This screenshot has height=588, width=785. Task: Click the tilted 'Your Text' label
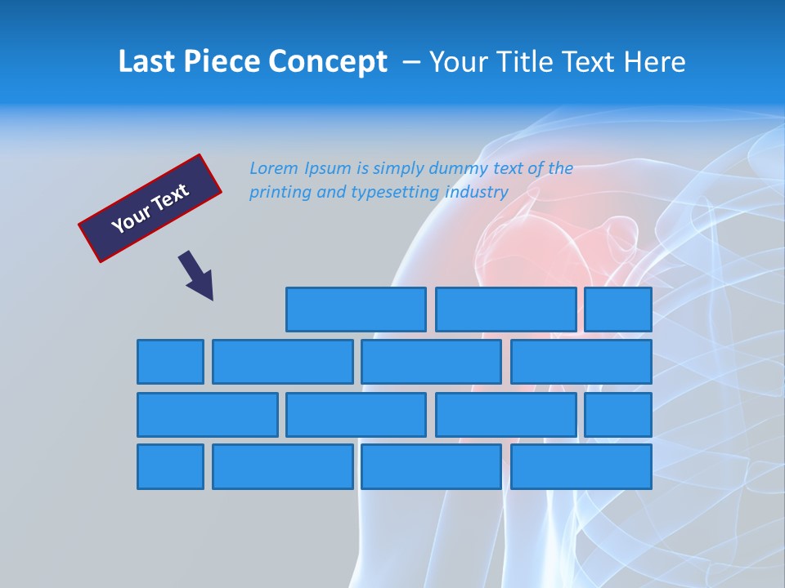click(x=150, y=208)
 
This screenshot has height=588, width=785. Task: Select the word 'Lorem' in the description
click(x=274, y=169)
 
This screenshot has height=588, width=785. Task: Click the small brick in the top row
click(x=618, y=310)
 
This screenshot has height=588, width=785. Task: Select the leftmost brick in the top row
click(x=356, y=310)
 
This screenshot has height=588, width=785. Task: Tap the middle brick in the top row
click(x=505, y=310)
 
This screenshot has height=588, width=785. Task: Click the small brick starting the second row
click(x=170, y=362)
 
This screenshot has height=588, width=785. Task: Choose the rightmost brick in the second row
click(x=581, y=362)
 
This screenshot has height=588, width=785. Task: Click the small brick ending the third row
click(x=618, y=415)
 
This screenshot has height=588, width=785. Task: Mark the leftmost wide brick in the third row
click(x=207, y=415)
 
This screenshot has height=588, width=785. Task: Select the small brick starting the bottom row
click(x=170, y=467)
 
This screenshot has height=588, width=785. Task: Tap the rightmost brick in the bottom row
click(x=581, y=467)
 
